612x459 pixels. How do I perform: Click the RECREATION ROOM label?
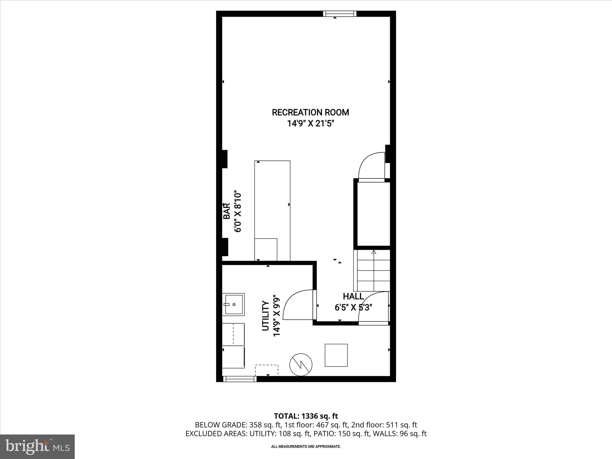(310, 112)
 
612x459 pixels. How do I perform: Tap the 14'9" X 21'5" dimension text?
(310, 123)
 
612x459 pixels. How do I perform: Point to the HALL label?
(353, 296)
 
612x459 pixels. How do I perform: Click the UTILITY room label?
(265, 316)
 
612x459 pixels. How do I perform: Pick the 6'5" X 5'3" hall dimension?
(353, 307)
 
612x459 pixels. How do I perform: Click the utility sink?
(234, 304)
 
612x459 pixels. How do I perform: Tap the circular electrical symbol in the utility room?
(301, 365)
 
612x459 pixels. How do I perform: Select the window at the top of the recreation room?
(340, 14)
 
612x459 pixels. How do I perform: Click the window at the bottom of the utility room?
(240, 379)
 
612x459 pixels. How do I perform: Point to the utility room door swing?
(298, 305)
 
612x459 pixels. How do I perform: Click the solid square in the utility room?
(336, 355)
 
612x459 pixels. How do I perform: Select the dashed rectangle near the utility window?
(267, 370)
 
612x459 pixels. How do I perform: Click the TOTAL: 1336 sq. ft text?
(306, 416)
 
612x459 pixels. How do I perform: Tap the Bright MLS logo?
(37, 447)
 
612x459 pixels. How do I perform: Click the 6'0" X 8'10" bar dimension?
(238, 212)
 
